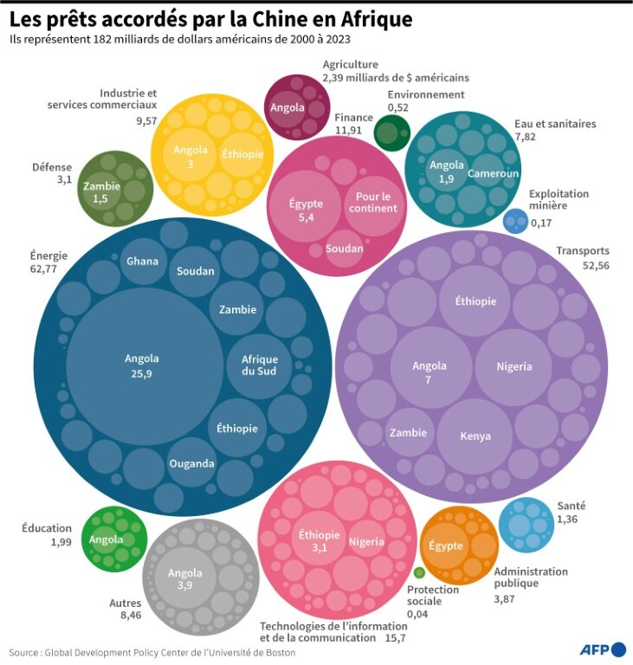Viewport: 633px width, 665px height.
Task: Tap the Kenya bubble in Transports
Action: coord(475,436)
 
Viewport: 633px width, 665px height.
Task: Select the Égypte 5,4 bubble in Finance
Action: coord(306,210)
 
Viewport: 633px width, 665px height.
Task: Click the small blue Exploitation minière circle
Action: coord(514,221)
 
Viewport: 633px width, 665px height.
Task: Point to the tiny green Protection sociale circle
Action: coord(419,572)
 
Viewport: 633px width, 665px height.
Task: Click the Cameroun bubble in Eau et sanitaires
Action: coord(493,173)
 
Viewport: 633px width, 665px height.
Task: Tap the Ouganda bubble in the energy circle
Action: coord(191,463)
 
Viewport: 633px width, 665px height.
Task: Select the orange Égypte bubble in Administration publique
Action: coord(446,546)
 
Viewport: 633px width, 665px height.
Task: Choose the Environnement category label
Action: coord(425,94)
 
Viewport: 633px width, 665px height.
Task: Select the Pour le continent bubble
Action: coord(375,203)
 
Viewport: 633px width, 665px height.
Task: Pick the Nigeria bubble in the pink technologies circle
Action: coord(366,542)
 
